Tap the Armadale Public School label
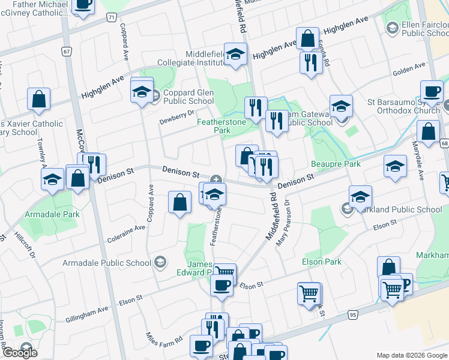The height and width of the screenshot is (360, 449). click(107, 263)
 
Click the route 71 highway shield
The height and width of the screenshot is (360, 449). click(112, 18)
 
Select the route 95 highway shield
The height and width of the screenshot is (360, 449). click(352, 314)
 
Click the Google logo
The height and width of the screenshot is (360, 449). click(19, 353)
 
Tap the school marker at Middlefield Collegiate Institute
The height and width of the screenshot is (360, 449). click(236, 54)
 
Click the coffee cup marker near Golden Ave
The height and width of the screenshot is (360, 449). click(432, 92)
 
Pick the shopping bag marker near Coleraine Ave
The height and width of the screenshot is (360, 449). click(179, 203)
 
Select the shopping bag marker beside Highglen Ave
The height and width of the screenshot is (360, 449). click(307, 39)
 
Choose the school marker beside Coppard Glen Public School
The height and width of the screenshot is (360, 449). click(142, 91)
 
